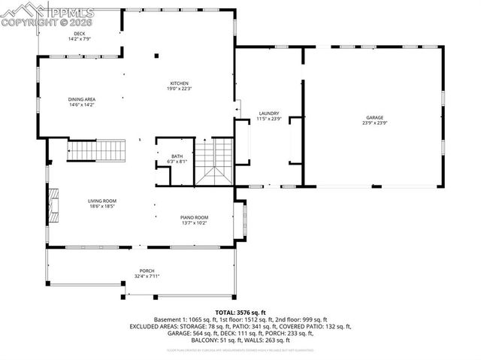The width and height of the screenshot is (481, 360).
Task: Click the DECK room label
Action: click(x=79, y=34)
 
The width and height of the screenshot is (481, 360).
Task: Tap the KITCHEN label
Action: click(x=178, y=83)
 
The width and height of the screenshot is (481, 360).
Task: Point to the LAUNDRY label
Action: click(x=268, y=113)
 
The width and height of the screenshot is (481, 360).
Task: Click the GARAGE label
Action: click(x=375, y=118)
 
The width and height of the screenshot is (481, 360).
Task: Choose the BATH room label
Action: click(x=177, y=156)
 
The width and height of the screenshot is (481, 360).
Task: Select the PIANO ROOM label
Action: click(x=193, y=216)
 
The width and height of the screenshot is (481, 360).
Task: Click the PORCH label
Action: click(x=147, y=271)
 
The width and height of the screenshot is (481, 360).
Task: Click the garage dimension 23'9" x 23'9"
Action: click(x=375, y=123)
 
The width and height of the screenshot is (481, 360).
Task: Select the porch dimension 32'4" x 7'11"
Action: click(x=147, y=276)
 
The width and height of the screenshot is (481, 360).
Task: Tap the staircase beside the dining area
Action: click(x=95, y=151)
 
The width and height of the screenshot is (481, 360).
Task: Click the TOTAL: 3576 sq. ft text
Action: click(x=240, y=312)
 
